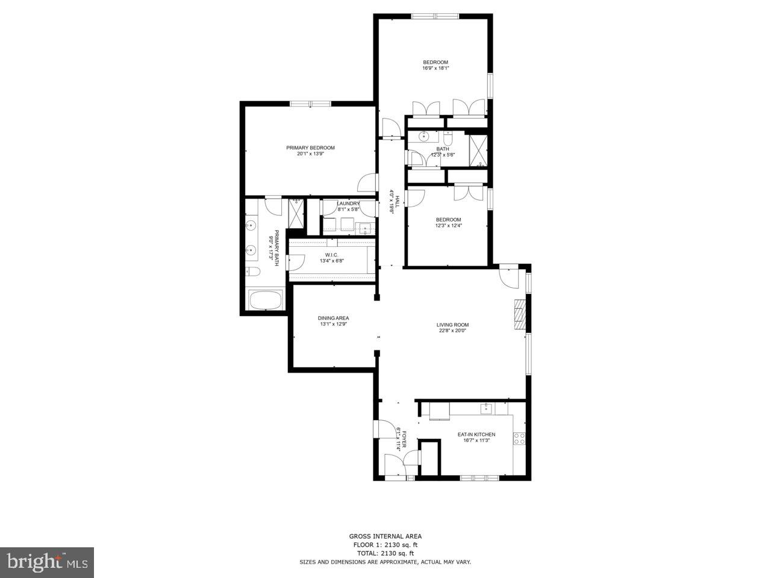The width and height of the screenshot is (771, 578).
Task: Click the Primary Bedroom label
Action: point(310,148)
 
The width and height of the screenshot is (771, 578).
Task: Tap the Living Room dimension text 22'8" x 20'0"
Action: point(452,330)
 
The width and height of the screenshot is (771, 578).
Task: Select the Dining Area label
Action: point(333,318)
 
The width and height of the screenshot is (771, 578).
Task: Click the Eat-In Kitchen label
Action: point(476,434)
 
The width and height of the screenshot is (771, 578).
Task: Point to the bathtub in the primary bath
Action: point(265,300)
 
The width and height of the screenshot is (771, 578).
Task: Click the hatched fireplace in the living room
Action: point(519,314)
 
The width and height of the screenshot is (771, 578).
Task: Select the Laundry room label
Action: point(348,204)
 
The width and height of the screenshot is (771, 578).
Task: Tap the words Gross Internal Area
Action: point(385,536)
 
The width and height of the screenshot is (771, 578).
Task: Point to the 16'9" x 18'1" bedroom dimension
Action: point(435,68)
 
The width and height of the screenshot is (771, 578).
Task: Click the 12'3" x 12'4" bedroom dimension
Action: point(448,225)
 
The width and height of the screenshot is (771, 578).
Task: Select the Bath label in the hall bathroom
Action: point(443,149)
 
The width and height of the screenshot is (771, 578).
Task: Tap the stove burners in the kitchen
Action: point(519,439)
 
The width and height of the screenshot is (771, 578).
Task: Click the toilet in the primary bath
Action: point(252,272)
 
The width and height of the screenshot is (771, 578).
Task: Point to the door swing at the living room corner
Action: point(508,277)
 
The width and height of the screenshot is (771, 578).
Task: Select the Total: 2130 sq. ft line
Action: point(385,553)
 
